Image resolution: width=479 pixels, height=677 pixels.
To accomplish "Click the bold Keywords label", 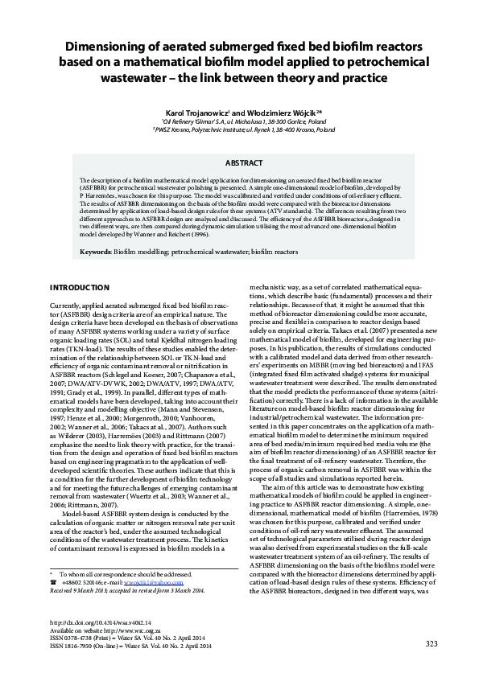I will coord(97,252).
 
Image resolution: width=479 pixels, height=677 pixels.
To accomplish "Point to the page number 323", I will coord(431,643).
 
